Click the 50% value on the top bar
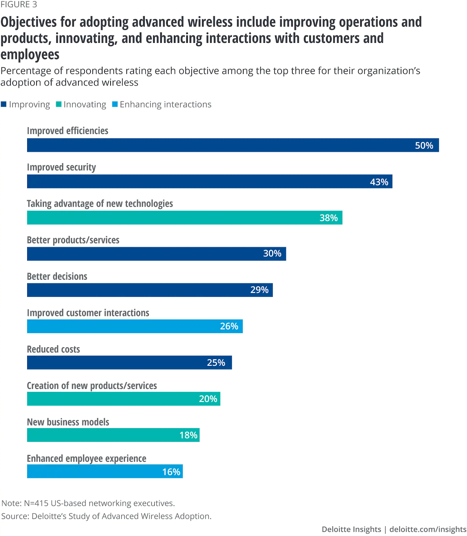coord(424,145)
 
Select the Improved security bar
coord(209,182)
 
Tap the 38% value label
coord(328,218)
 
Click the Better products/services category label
coord(73,240)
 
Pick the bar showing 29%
coord(150,290)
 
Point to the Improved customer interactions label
coord(88,313)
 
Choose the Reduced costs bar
coord(129,363)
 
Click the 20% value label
coord(208,399)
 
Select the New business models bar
coord(113,435)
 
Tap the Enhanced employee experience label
coord(86,459)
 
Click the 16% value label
coord(171,472)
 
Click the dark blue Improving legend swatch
coord(4,104)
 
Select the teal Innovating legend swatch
coord(59,104)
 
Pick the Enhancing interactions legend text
coord(165,105)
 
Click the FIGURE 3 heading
coord(19,5)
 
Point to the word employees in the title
coord(30,55)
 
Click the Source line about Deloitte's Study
coord(106,516)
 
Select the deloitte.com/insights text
coord(428,529)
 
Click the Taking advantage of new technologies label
coord(100,204)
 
